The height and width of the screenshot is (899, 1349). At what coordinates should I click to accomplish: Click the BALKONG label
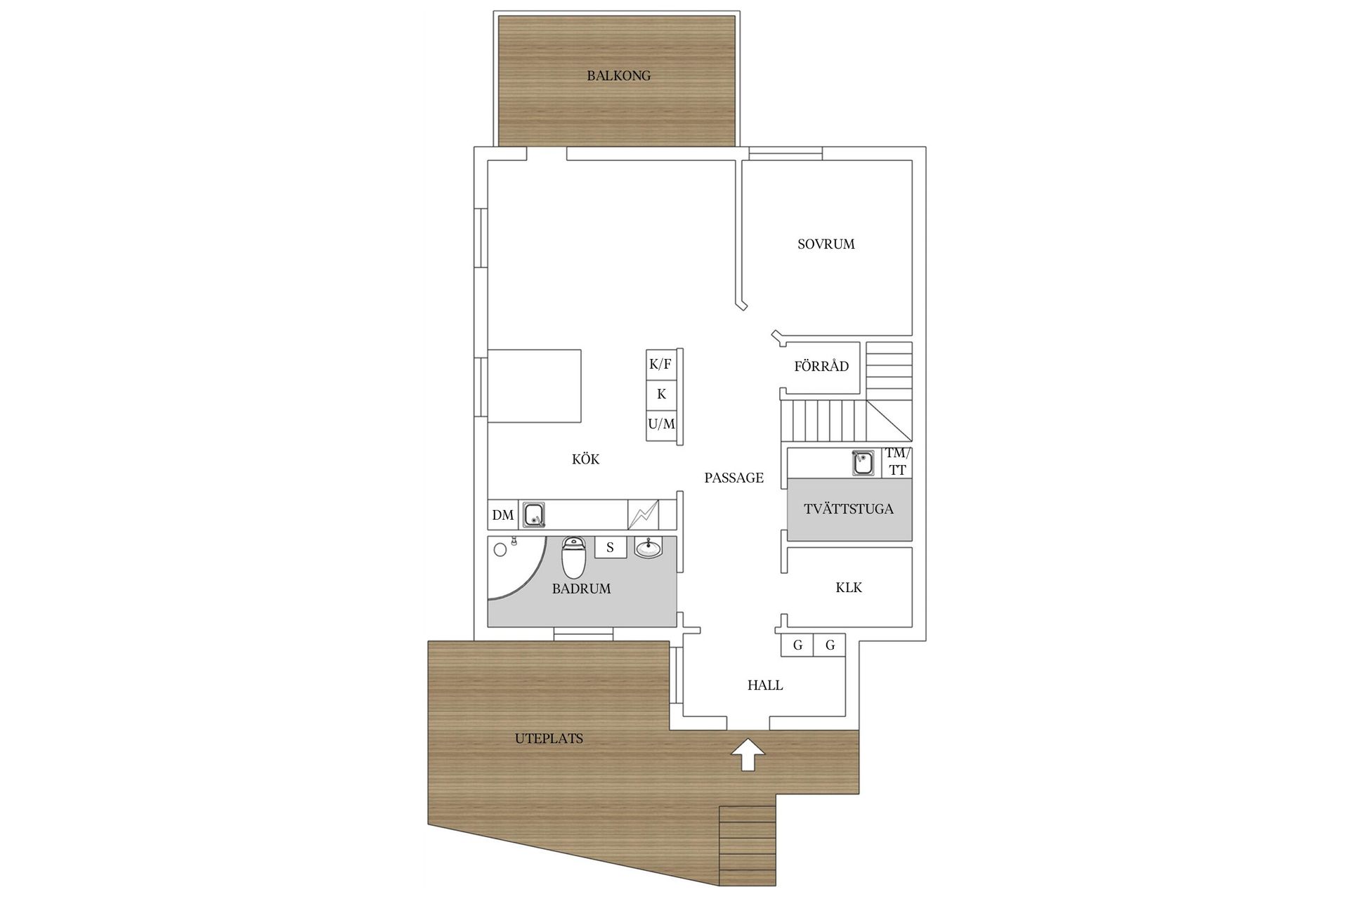coord(618,76)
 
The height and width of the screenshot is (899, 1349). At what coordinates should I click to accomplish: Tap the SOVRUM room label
coord(826,244)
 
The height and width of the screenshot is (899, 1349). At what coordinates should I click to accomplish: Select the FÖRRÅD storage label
coord(821,366)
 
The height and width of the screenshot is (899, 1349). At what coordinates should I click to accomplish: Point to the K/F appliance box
coord(660,365)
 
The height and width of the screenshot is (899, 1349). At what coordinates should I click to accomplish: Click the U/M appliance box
coord(660,424)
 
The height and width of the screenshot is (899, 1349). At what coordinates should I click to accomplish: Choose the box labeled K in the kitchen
coord(660,394)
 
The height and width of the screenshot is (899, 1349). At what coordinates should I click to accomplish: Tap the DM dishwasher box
coord(502,515)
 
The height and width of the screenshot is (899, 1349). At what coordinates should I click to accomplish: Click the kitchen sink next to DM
coord(535,514)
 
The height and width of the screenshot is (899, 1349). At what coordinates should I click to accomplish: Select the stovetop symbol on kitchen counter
coord(643,515)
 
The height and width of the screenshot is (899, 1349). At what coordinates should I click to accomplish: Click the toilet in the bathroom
coord(573,558)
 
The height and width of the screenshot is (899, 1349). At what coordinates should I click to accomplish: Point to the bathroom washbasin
coord(648,548)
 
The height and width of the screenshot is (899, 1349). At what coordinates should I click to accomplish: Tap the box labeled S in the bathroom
coord(610,547)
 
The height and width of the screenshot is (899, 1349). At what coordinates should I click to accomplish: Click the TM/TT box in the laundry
coord(897,462)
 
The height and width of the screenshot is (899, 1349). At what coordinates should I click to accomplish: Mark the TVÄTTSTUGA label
coord(849,508)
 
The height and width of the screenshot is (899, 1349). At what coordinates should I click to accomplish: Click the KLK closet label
coord(849,587)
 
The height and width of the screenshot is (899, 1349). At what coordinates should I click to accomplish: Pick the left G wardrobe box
coord(797,645)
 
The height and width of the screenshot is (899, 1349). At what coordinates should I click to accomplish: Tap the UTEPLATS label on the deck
coord(549,738)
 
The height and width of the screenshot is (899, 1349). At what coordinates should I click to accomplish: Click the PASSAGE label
coord(734,478)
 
